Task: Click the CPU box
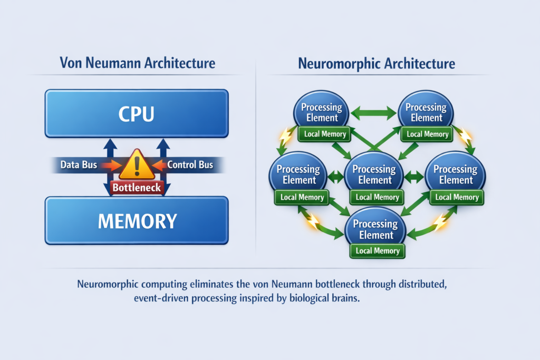(x=137, y=114)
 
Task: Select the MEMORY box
(x=137, y=221)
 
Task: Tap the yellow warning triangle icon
(x=137, y=165)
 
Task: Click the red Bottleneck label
(x=137, y=187)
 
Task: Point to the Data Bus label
(x=79, y=165)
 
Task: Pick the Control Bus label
(x=190, y=165)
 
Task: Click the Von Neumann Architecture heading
(x=138, y=64)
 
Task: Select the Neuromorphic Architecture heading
(x=376, y=64)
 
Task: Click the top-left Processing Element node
(x=321, y=112)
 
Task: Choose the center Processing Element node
(x=374, y=174)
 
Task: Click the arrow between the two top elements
(x=374, y=112)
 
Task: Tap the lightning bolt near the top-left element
(x=285, y=135)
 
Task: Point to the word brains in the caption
(x=349, y=298)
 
